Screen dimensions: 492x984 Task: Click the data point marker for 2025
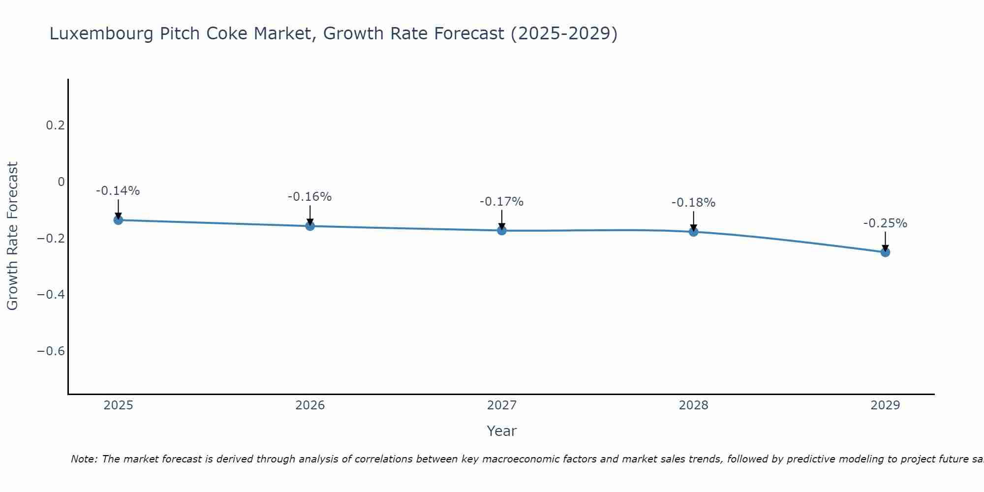(118, 220)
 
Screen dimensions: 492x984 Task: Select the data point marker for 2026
(310, 226)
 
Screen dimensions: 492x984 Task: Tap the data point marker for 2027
(502, 230)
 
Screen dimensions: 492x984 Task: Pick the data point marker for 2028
(693, 232)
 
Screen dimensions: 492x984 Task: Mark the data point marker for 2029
(885, 252)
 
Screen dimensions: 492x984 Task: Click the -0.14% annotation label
(118, 191)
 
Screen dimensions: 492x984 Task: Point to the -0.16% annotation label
(309, 197)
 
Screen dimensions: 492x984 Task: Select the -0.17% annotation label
(501, 202)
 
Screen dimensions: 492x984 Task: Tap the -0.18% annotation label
(693, 203)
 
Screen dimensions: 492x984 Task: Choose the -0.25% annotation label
(885, 223)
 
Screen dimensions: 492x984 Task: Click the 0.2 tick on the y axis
(55, 125)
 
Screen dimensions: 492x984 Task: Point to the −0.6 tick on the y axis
(51, 351)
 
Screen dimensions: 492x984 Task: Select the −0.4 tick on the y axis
(51, 295)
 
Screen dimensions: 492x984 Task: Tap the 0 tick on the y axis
(61, 182)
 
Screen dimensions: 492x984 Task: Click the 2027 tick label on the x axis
(501, 405)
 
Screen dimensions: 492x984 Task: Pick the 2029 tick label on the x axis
(885, 405)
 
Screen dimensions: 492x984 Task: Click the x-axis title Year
(501, 431)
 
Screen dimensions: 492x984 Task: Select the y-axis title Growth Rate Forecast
(12, 236)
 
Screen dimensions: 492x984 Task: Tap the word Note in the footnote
(84, 459)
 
